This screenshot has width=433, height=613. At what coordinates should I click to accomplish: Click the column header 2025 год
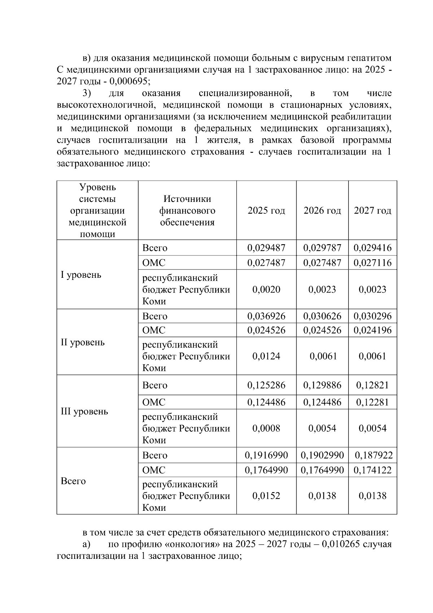click(x=266, y=211)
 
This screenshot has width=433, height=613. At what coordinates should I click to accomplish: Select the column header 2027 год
click(x=372, y=211)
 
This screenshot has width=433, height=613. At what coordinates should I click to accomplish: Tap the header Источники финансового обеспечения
click(x=187, y=211)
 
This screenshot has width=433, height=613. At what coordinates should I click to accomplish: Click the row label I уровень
click(x=81, y=275)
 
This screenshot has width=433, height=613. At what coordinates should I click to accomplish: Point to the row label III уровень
click(x=84, y=411)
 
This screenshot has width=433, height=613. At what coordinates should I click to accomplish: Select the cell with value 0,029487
click(x=266, y=248)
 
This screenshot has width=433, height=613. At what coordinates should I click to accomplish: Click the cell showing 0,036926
click(x=266, y=316)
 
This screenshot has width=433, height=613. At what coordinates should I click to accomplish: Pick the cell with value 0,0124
click(x=266, y=356)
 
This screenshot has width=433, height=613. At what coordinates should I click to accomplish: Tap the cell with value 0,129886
click(x=322, y=385)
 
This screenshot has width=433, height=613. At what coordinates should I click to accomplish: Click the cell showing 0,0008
click(x=266, y=428)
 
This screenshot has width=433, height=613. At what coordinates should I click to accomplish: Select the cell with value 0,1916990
click(x=266, y=455)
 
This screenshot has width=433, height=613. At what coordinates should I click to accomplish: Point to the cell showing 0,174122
click(x=373, y=470)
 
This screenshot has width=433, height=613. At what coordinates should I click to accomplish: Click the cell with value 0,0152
click(x=266, y=496)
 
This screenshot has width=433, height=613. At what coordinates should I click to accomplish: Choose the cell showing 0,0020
click(x=266, y=289)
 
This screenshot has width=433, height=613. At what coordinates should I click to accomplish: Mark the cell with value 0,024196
click(x=372, y=330)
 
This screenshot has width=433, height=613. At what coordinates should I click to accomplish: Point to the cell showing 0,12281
click(x=372, y=402)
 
